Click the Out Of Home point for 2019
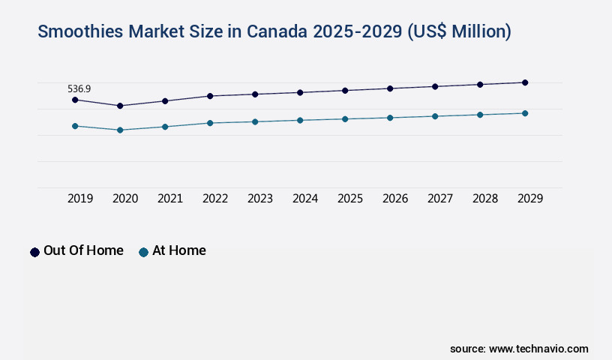pyautogui.click(x=75, y=100)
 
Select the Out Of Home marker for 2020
pyautogui.click(x=120, y=106)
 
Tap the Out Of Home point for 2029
pyautogui.click(x=525, y=82)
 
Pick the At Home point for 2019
pyautogui.click(x=75, y=126)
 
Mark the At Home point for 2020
pyautogui.click(x=120, y=130)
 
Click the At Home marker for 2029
pyautogui.click(x=525, y=113)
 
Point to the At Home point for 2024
pyautogui.click(x=300, y=120)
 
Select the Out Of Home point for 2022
pyautogui.click(x=210, y=96)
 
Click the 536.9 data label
pyautogui.click(x=79, y=89)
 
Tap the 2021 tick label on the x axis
pyautogui.click(x=170, y=199)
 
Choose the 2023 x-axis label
pyautogui.click(x=260, y=199)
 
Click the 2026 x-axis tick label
pyautogui.click(x=395, y=199)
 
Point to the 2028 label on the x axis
pyautogui.click(x=485, y=199)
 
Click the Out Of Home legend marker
pyautogui.click(x=34, y=252)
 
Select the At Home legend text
pyautogui.click(x=178, y=250)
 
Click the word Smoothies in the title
pyautogui.click(x=81, y=31)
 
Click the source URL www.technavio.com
pyautogui.click(x=538, y=349)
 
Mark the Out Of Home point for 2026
pyautogui.click(x=390, y=88)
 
